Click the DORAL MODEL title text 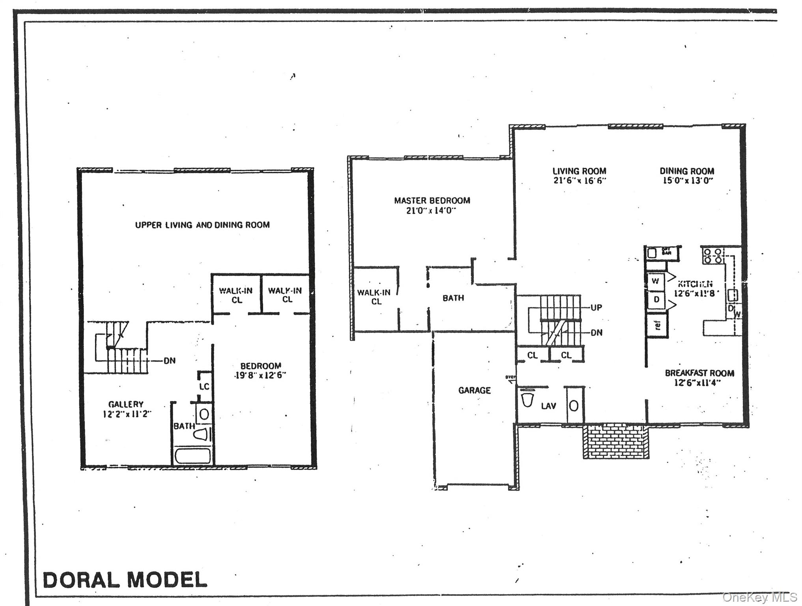pos(125,580)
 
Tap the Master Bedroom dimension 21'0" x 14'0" pos(431,211)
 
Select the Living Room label pos(579,171)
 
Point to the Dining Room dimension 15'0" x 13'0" pos(687,181)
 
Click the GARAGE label pos(474,390)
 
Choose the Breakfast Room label pos(699,373)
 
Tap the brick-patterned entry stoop pos(616,441)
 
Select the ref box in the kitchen pos(657,325)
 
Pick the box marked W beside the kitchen pos(656,282)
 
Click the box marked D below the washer pos(656,300)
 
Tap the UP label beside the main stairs pos(596,307)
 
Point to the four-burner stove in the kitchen pos(713,256)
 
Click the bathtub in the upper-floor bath pos(193,456)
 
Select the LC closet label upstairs pos(204,386)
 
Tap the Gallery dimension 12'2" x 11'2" pos(125,414)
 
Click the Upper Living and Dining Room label pos(202,225)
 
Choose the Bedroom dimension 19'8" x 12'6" pos(260,375)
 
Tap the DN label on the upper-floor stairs pos(170,361)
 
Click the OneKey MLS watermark pos(759,597)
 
